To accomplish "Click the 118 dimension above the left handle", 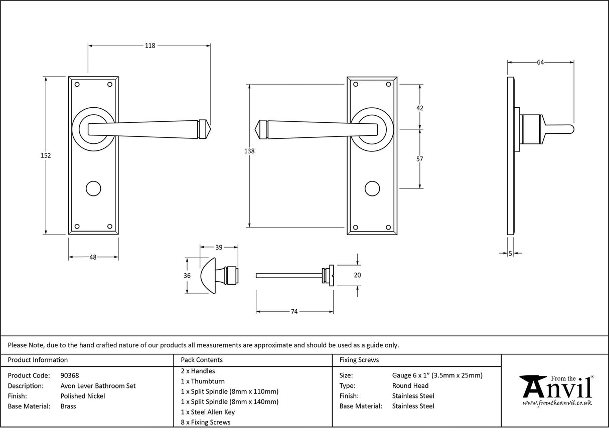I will pos(149,46).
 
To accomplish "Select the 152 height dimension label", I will pos(46,155).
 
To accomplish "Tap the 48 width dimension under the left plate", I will pos(93,257).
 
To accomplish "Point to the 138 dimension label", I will pos(249,151).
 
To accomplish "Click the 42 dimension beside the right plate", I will pos(420,108).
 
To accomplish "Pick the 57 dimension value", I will pos(420,159).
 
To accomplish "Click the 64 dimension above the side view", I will pos(540,62).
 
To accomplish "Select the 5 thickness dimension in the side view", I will pos(511,254).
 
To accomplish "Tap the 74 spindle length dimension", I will pos(294,312).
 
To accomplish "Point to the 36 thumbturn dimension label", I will pos(187,276).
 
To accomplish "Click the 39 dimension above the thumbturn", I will pos(219,247).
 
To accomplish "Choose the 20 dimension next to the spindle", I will pos(357,275).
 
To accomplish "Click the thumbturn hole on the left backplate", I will pos(93,188).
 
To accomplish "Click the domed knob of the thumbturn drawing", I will pos(210,276).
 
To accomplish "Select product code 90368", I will pos(69,375).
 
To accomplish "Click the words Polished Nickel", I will pos(83,396).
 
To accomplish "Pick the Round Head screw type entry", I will pos(410,386).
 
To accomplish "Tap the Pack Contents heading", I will pos(202,360).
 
